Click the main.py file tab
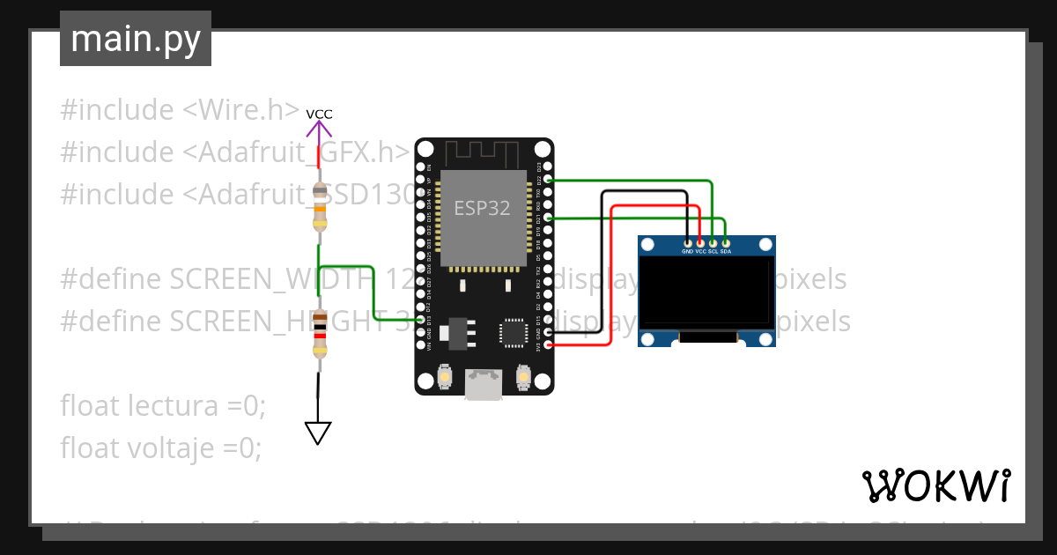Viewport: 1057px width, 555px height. pyautogui.click(x=135, y=39)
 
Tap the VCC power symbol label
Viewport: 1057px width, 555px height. pyautogui.click(x=319, y=114)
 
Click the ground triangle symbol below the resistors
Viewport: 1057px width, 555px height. pyautogui.click(x=318, y=433)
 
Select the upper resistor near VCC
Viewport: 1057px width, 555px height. pyautogui.click(x=319, y=206)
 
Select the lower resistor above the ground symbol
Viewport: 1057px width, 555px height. pyautogui.click(x=319, y=333)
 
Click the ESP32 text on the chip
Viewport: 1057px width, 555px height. pyautogui.click(x=482, y=209)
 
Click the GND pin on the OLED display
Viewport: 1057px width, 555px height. pyautogui.click(x=688, y=242)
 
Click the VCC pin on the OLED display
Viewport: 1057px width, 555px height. pyautogui.click(x=700, y=242)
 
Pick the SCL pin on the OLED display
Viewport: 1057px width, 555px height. pyautogui.click(x=713, y=242)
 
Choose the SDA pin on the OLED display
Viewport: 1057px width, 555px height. pyautogui.click(x=726, y=242)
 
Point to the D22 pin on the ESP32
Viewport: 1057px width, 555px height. pyautogui.click(x=548, y=180)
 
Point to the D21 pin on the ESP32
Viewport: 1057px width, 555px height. pyautogui.click(x=548, y=218)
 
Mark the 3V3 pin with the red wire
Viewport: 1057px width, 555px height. pyautogui.click(x=548, y=345)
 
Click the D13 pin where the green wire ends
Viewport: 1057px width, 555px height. pyautogui.click(x=420, y=320)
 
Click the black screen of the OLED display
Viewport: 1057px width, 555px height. pyautogui.click(x=706, y=290)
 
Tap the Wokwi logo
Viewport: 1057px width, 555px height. pyautogui.click(x=935, y=485)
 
